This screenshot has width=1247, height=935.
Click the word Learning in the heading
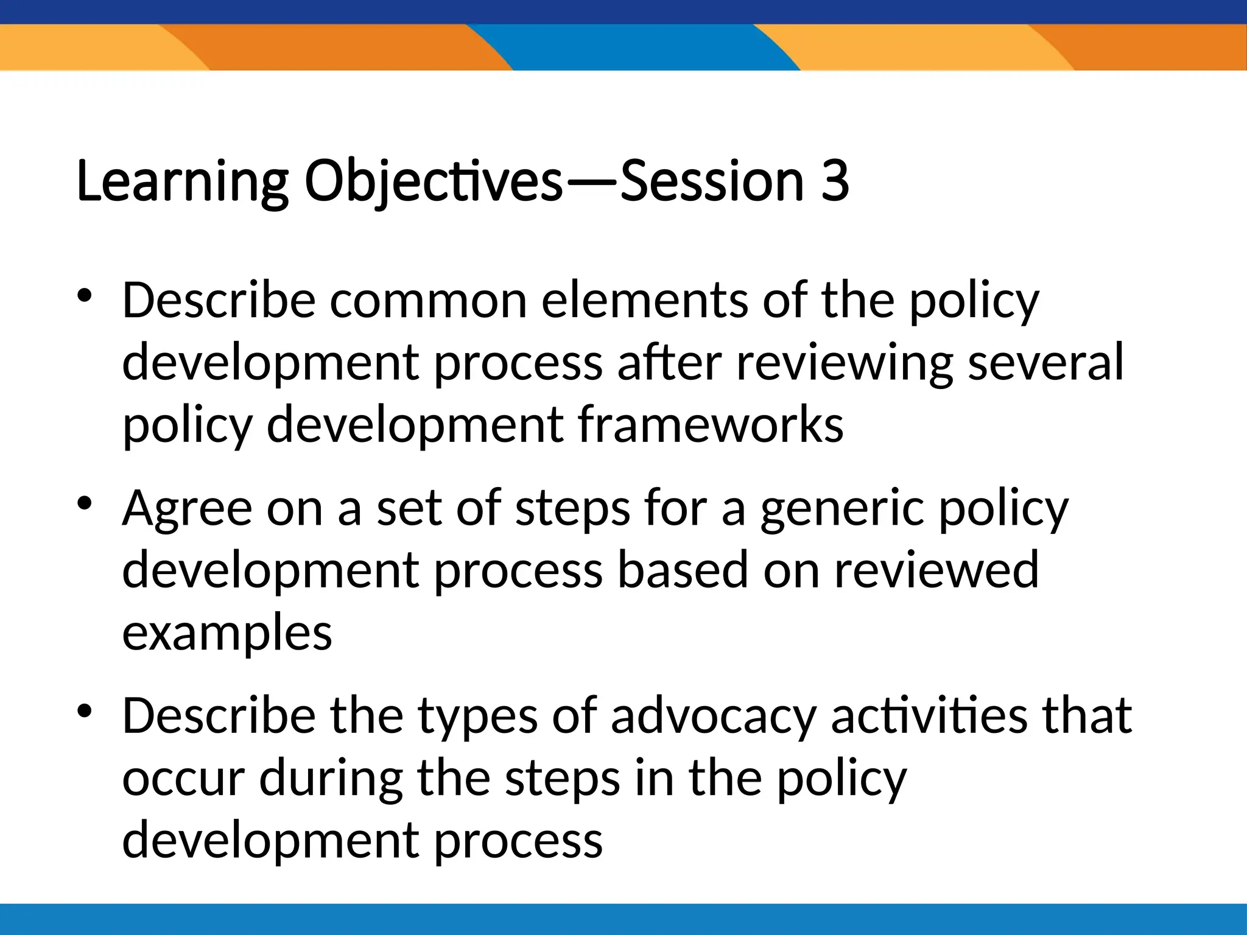[x=182, y=181]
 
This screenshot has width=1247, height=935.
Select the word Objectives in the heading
[x=433, y=181]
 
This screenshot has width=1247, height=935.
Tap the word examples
[x=227, y=633]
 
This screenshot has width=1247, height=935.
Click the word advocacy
[x=713, y=716]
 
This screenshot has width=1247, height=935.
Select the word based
[x=682, y=570]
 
